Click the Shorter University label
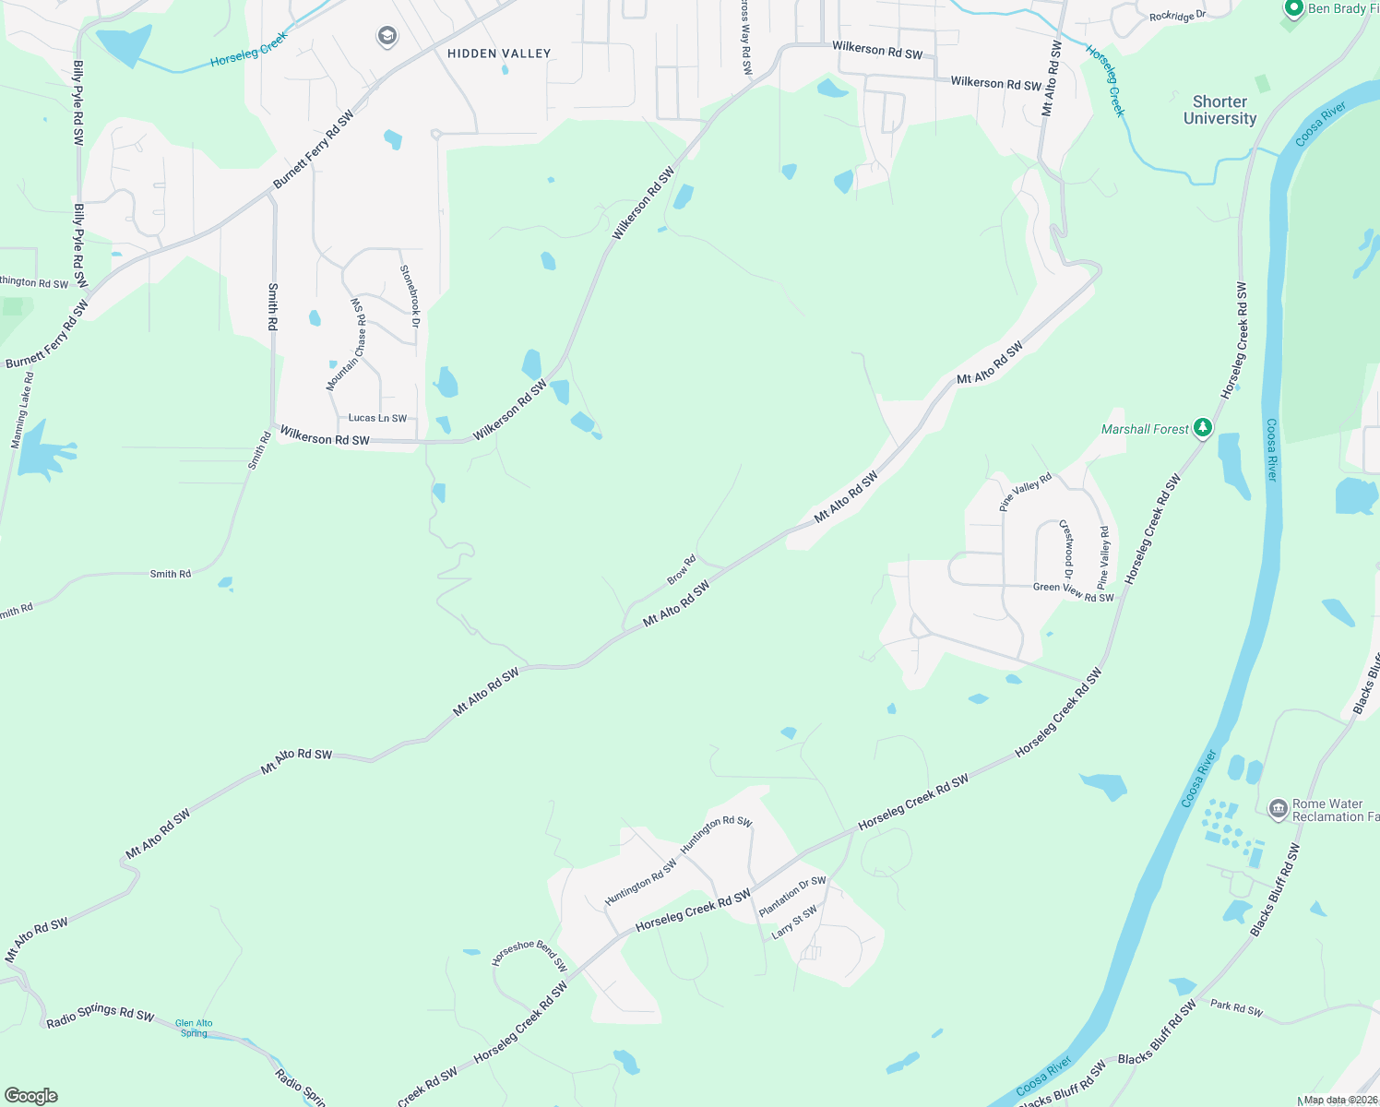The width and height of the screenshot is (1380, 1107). [1219, 110]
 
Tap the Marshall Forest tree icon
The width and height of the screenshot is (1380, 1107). [1202, 428]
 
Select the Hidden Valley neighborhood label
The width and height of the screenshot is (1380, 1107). [499, 54]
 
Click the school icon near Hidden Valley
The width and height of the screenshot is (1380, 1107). [387, 37]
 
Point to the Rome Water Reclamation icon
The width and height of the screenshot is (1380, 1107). [1278, 810]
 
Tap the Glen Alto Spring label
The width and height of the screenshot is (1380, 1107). [194, 1028]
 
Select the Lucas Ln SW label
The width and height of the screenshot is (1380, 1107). [377, 418]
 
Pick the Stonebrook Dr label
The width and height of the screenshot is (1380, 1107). [410, 296]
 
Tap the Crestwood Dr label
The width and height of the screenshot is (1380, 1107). [1066, 543]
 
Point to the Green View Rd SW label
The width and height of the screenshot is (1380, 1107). [1073, 591]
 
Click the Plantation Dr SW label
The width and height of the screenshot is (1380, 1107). [792, 896]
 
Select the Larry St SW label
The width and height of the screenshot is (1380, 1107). [794, 922]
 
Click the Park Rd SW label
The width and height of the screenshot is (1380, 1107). [1236, 1007]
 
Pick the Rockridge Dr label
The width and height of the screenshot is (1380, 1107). [1177, 16]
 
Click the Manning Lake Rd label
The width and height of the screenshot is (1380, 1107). [22, 411]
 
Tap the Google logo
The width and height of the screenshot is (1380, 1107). [31, 1095]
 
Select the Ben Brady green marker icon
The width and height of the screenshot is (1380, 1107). [1293, 8]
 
